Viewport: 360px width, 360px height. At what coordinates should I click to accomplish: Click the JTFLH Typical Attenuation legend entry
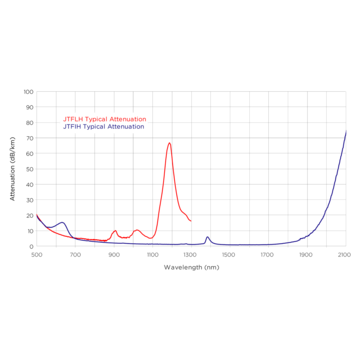click(104, 119)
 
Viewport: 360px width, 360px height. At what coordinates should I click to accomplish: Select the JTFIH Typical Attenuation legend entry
click(104, 127)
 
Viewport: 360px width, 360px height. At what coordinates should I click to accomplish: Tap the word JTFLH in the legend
click(72, 119)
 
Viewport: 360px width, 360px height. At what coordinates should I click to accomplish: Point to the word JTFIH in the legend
click(72, 127)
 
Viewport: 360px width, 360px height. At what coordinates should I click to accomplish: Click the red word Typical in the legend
click(96, 119)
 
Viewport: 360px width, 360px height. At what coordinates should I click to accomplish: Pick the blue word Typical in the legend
click(96, 127)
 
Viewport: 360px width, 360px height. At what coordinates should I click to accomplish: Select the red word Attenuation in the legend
click(128, 119)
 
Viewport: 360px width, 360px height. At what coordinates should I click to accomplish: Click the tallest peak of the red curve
click(168, 144)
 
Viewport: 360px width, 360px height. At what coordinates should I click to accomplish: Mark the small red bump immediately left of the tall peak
click(138, 232)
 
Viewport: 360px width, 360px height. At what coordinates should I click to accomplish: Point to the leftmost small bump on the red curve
click(114, 232)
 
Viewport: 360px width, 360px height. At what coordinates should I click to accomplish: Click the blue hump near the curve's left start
click(62, 223)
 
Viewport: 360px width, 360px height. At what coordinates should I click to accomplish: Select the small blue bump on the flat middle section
click(207, 238)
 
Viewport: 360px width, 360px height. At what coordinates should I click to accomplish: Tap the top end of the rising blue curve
click(346, 132)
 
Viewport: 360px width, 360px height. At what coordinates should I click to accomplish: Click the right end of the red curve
click(189, 219)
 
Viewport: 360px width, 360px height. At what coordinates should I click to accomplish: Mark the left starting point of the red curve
click(37, 216)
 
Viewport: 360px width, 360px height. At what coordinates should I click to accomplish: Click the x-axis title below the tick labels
click(191, 267)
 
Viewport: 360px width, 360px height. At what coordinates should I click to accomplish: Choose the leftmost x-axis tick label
click(37, 255)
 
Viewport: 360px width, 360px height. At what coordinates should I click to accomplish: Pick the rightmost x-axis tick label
click(344, 255)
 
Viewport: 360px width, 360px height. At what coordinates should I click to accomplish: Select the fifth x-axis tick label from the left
click(190, 255)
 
